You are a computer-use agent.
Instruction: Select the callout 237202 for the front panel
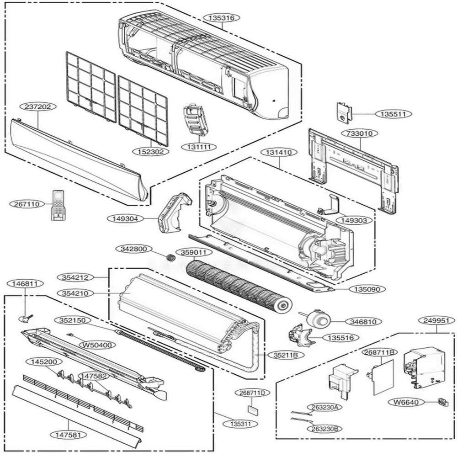pyautogui.click(x=38, y=106)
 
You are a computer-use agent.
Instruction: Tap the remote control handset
pyautogui.click(x=58, y=205)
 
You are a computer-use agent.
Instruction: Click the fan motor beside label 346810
pyautogui.click(x=317, y=319)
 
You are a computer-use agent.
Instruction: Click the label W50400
pyautogui.click(x=96, y=345)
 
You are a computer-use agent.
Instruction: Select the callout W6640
pyautogui.click(x=405, y=402)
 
